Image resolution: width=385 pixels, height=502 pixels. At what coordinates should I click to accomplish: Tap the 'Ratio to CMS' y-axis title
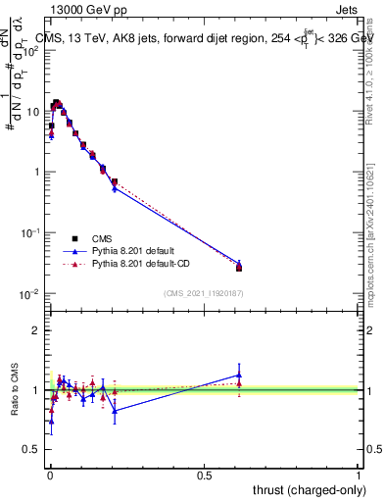click(14, 390)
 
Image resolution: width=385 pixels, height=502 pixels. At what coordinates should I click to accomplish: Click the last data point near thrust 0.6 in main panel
click(239, 267)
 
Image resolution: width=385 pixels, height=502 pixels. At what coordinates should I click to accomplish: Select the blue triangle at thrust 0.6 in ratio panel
click(239, 375)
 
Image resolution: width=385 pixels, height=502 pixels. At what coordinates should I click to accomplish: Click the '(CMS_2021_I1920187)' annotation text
click(205, 293)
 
